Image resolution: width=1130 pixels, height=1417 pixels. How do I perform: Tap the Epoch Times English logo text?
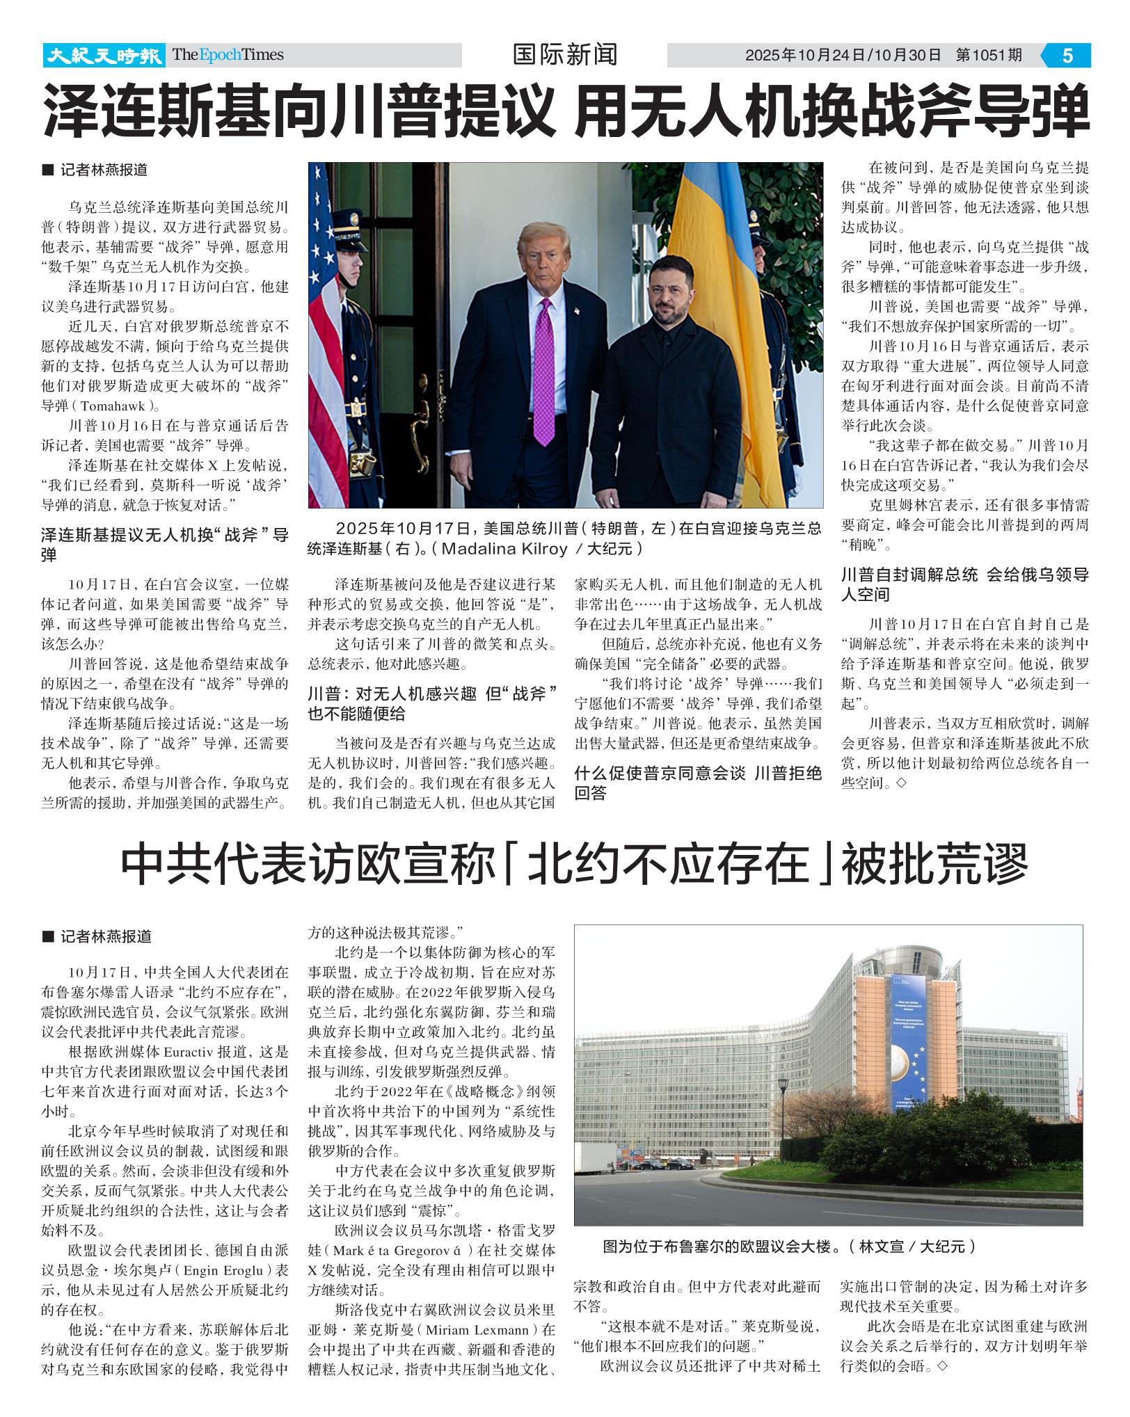pyautogui.click(x=228, y=55)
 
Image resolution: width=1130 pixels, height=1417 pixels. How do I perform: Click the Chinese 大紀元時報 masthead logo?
pyautogui.click(x=104, y=55)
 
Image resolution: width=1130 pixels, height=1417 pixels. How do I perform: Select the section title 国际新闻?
pyautogui.click(x=564, y=55)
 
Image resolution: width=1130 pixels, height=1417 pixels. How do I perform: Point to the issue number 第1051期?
pyautogui.click(x=989, y=56)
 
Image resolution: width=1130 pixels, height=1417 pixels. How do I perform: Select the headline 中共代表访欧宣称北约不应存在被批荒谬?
pyautogui.click(x=573, y=865)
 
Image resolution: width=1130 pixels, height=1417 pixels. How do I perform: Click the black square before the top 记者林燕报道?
pyautogui.click(x=47, y=170)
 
